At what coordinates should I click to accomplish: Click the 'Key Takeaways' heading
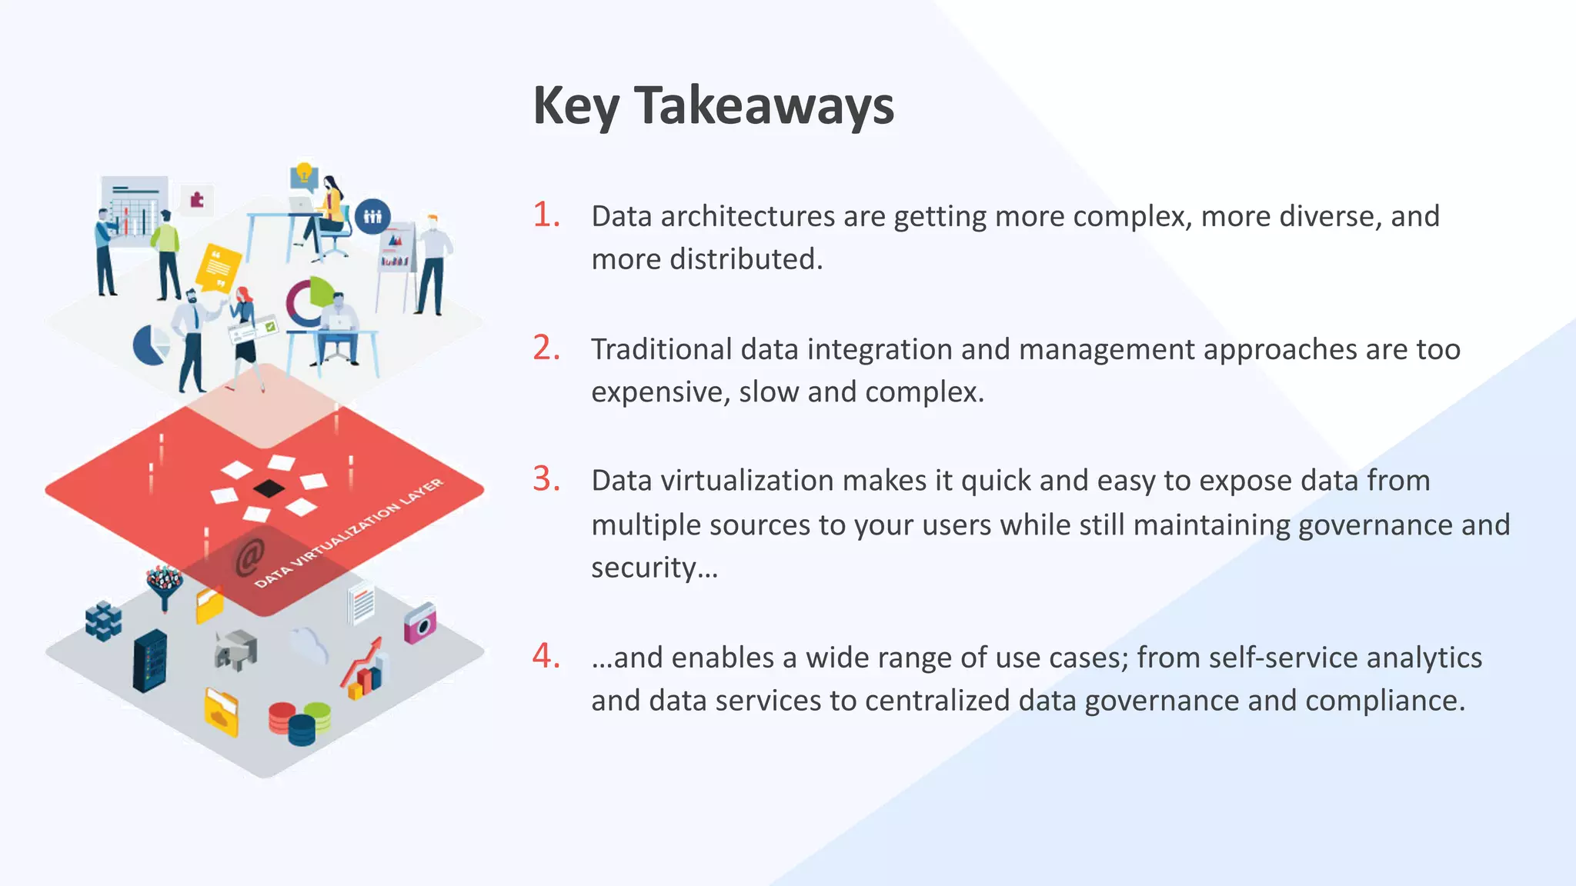[713, 106]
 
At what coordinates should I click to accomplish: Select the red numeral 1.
[546, 215]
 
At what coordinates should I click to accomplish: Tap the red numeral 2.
[546, 348]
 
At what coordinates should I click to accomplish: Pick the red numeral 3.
[546, 479]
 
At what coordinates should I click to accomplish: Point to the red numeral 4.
[546, 656]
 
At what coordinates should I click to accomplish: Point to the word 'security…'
[654, 568]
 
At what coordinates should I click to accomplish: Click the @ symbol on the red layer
[249, 557]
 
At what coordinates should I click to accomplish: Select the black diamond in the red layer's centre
[269, 488]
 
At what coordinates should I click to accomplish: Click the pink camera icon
[420, 623]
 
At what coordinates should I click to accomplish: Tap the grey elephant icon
[235, 651]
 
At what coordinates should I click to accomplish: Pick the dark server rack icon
[149, 661]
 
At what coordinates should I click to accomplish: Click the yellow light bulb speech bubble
[304, 175]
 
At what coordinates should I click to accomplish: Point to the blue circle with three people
[372, 217]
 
